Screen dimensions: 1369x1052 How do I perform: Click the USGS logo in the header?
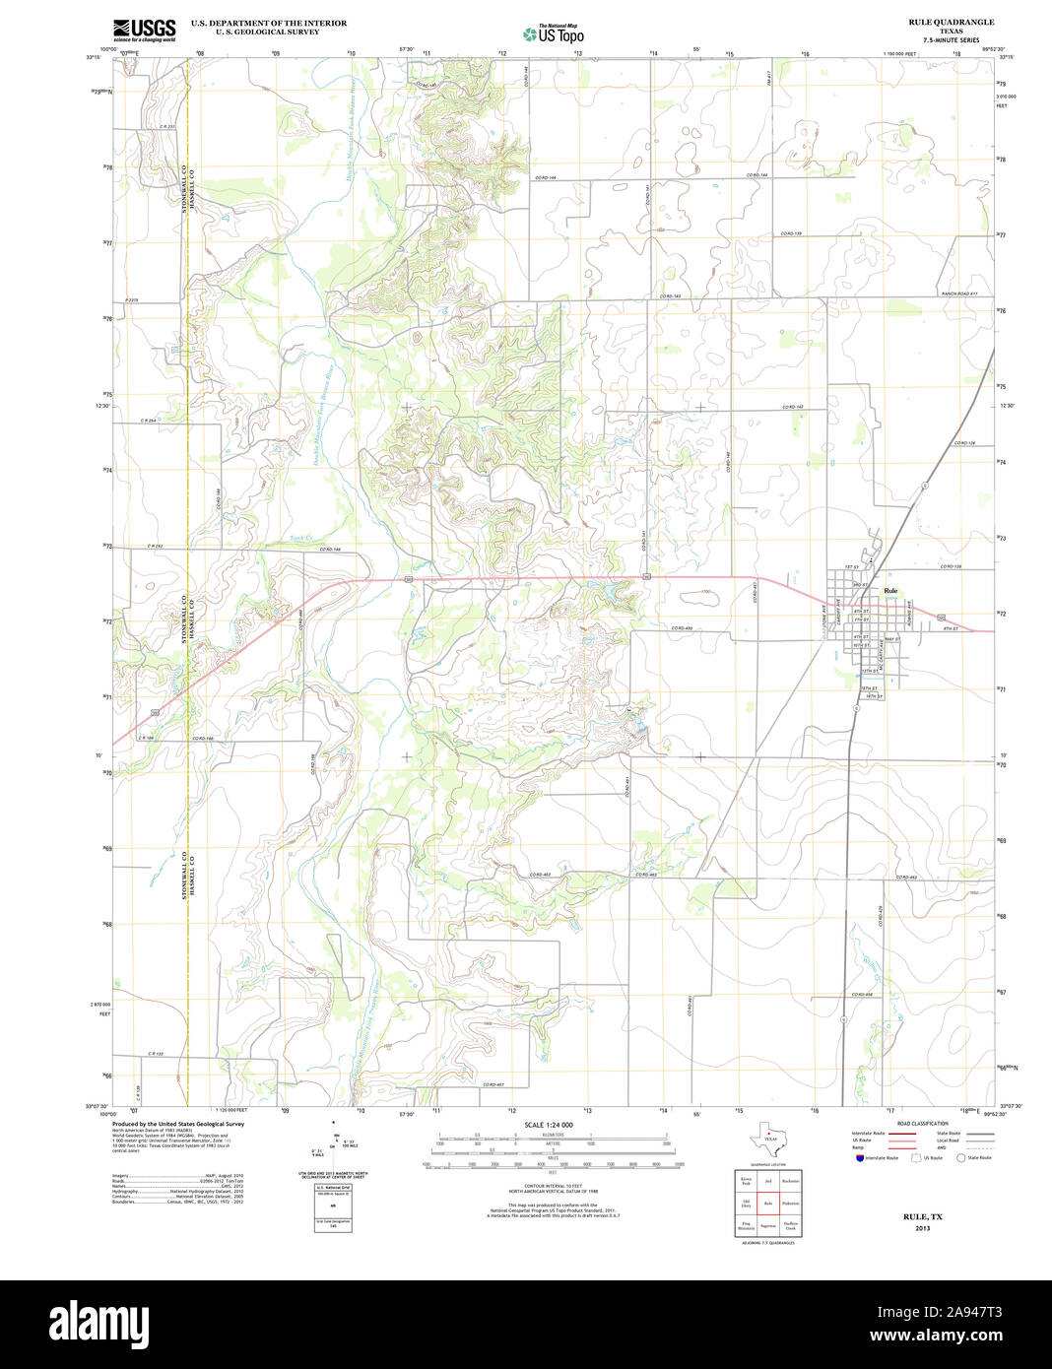tap(144, 30)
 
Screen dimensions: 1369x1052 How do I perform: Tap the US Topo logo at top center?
tap(553, 33)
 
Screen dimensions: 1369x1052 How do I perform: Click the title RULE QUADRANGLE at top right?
tap(951, 22)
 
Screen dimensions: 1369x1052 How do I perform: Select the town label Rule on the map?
tap(890, 591)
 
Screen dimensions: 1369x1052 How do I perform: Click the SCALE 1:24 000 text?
tap(548, 1125)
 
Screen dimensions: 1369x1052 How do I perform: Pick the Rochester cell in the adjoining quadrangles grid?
tap(790, 1180)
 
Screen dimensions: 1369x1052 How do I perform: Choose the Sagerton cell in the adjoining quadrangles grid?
tap(767, 1227)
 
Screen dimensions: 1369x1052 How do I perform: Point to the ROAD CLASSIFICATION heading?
tap(922, 1124)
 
